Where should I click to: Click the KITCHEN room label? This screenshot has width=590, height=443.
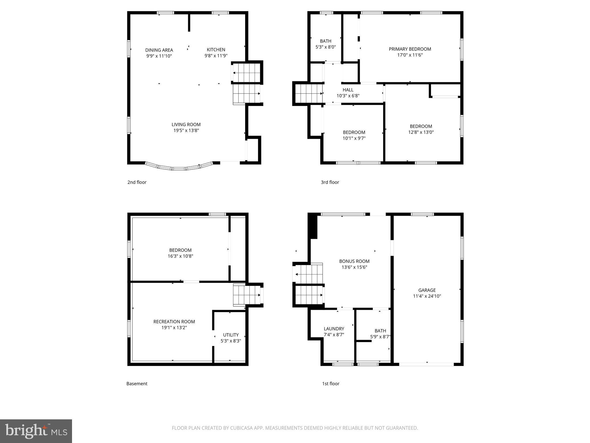[x=216, y=50]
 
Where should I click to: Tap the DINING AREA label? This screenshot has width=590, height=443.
[x=159, y=50]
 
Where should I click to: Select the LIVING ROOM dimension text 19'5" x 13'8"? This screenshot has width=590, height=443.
[x=186, y=130]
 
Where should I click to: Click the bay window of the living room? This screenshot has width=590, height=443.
[x=179, y=168]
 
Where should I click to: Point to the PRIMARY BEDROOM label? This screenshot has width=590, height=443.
[x=410, y=49]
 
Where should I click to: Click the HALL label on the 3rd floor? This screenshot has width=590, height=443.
[x=348, y=90]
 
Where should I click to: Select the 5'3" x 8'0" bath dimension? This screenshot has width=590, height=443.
[x=326, y=47]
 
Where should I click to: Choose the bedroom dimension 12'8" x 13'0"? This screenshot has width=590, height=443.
[x=421, y=132]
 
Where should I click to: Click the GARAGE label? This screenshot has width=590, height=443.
[x=427, y=290]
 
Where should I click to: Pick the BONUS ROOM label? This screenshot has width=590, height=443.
[x=354, y=261]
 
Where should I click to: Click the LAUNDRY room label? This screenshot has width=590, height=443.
[x=334, y=329]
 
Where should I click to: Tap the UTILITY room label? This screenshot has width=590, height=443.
[x=231, y=335]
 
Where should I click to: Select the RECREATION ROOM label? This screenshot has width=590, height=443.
[x=174, y=322]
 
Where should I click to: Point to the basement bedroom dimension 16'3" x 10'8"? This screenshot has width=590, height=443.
[x=180, y=256]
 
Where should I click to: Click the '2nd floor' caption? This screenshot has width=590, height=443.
[x=137, y=182]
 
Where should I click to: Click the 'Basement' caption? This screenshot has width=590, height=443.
[x=137, y=384]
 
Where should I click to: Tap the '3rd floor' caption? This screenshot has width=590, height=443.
[x=330, y=182]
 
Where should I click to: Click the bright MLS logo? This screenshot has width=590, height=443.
[x=36, y=431]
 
